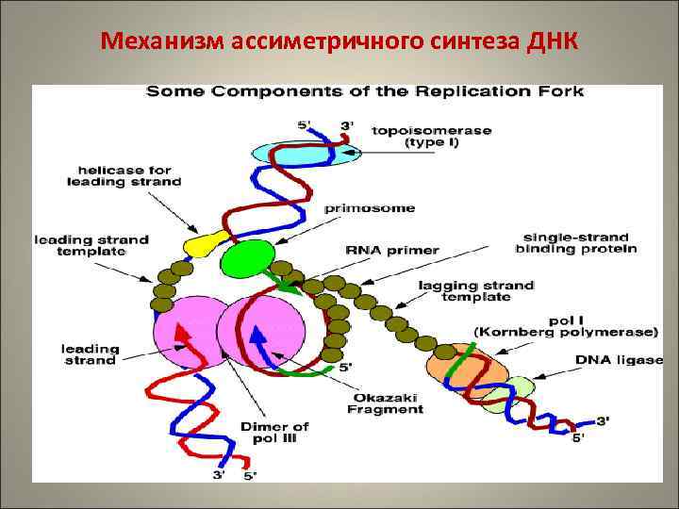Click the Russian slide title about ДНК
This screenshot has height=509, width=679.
(x=339, y=42)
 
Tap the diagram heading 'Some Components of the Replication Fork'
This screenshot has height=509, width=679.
(x=364, y=92)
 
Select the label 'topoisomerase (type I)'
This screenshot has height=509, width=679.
(x=431, y=137)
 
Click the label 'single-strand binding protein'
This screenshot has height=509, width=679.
(x=575, y=242)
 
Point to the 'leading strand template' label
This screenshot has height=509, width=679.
(x=91, y=245)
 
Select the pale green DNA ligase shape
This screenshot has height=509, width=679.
(x=517, y=389)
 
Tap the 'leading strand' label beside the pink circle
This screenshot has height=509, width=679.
(x=90, y=353)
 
